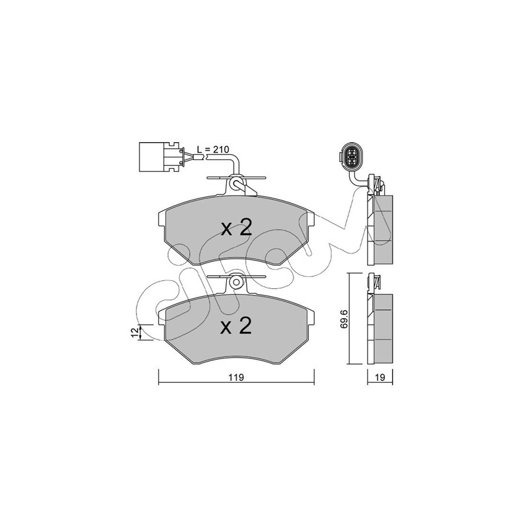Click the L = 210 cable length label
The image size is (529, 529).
coord(213,149)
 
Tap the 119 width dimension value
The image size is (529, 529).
coord(236,377)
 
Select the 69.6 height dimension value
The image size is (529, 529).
coord(343,319)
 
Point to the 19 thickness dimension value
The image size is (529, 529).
coord(380,377)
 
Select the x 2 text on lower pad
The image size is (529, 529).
coord(236,326)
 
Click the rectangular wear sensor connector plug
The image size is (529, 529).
coord(161,157)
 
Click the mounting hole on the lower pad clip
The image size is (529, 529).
coord(236,282)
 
